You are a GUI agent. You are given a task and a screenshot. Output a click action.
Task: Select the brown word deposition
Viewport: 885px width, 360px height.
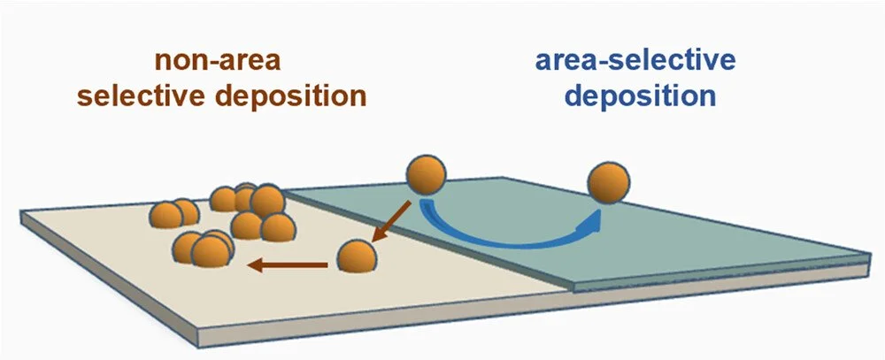[x=306, y=95]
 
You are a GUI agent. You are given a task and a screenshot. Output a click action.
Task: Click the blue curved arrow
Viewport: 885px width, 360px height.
[x=509, y=239]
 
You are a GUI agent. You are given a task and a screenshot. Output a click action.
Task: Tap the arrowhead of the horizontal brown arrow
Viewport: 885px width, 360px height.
[x=253, y=263]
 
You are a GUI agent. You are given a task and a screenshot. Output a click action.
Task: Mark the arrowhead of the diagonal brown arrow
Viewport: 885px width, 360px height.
[x=376, y=237]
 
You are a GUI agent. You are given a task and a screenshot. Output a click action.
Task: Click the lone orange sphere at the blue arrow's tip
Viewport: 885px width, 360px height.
[x=609, y=184]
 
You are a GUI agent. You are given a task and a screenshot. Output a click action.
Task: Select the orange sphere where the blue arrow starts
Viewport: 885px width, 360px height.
[x=426, y=175]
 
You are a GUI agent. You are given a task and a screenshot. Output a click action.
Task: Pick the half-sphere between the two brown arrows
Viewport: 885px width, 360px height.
[x=357, y=257]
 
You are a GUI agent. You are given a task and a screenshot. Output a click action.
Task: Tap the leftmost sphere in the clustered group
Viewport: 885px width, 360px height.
[x=166, y=215]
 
